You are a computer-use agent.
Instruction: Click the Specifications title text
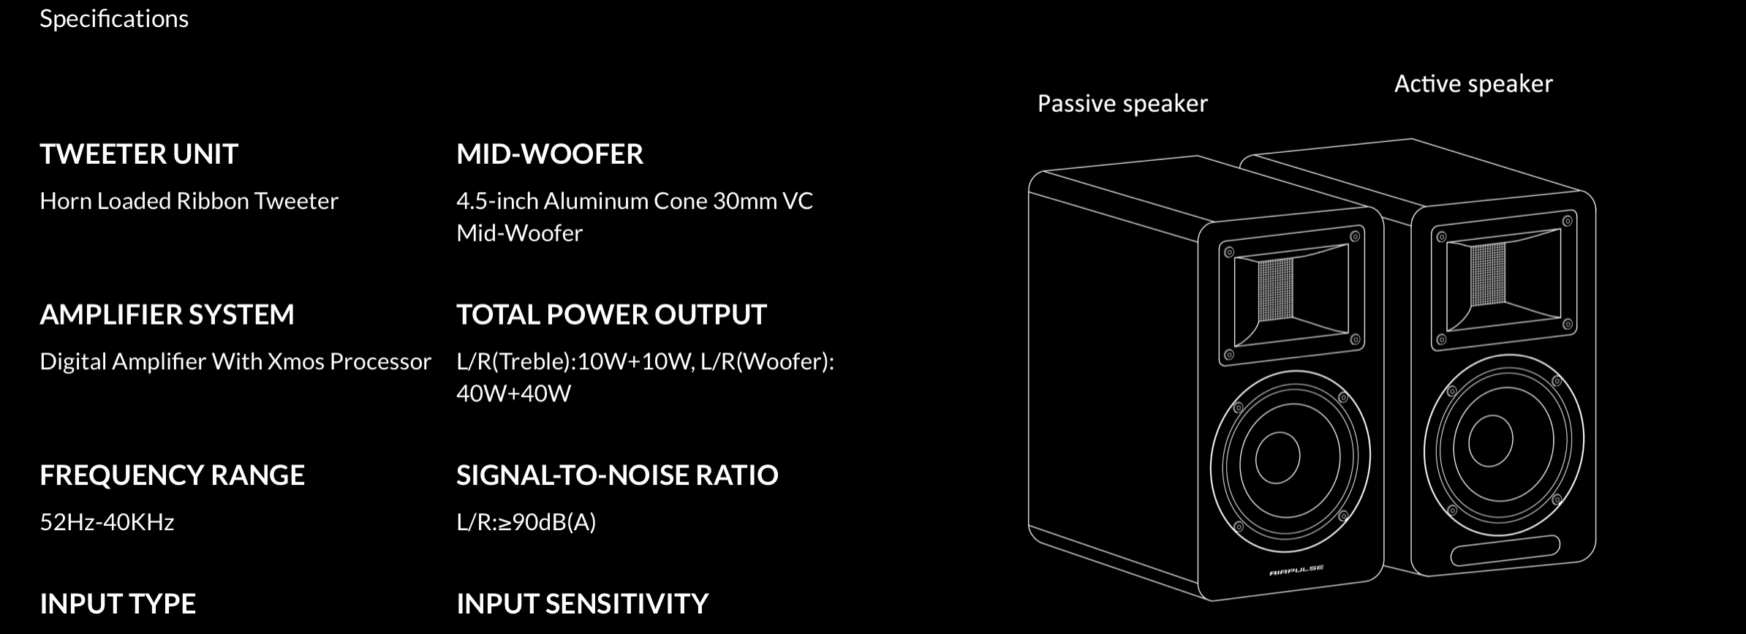point(114,19)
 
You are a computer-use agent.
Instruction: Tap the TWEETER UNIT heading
point(139,154)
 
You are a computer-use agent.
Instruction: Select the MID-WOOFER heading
point(549,154)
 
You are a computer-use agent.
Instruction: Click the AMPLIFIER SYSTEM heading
point(167,315)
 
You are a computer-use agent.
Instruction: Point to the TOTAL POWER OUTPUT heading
point(611,315)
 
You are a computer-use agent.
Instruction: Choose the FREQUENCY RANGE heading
point(172,475)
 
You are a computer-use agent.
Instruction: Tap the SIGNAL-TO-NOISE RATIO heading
point(617,475)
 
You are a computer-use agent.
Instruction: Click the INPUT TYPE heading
point(118,604)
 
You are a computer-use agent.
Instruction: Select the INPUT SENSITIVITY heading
point(582,604)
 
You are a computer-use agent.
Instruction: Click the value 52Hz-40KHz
point(107,522)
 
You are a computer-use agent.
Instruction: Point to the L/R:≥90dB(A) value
point(526,522)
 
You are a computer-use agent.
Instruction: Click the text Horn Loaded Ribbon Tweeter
point(189,201)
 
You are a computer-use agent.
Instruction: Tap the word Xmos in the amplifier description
point(295,362)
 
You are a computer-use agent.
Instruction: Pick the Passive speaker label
point(1122,104)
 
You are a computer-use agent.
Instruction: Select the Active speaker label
point(1473,84)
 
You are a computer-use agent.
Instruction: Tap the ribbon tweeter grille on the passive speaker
point(1275,289)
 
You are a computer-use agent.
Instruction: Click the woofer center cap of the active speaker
point(1490,441)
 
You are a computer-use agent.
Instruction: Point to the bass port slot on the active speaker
point(1505,550)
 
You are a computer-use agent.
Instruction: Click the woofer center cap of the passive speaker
point(1277,458)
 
